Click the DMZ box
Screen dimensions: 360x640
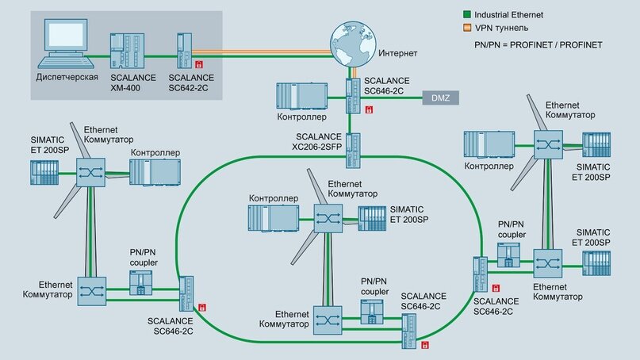439,98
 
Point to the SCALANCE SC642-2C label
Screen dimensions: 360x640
191,82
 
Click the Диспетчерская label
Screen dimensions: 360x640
67,78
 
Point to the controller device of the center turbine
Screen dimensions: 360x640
271,218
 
